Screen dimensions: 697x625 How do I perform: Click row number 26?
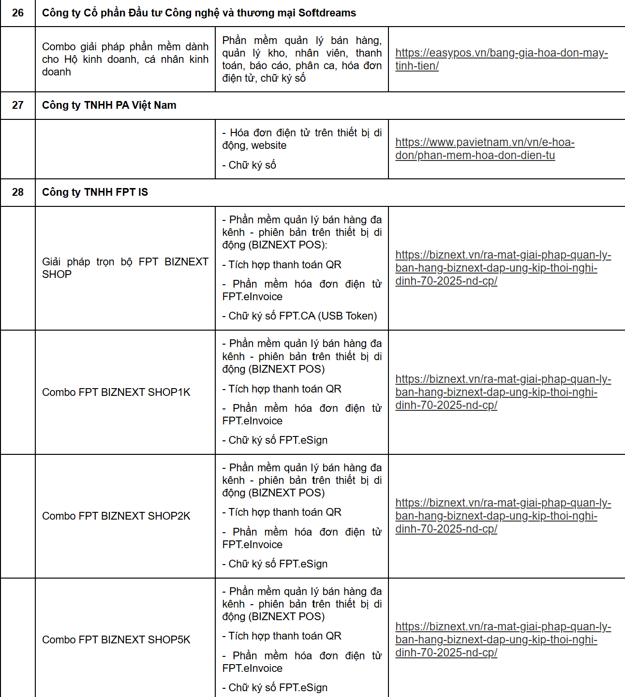[x=18, y=13]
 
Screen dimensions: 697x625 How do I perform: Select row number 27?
[x=18, y=105]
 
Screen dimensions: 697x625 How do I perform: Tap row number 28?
[x=18, y=192]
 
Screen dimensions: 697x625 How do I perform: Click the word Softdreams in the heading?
[x=327, y=13]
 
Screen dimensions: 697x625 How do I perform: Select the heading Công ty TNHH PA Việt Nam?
[x=109, y=105]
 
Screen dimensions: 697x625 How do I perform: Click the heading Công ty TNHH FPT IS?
[x=95, y=192]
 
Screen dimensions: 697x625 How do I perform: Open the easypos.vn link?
[x=501, y=59]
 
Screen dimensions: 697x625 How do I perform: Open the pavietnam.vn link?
[x=485, y=148]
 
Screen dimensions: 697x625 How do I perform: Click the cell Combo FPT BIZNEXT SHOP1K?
[x=116, y=392]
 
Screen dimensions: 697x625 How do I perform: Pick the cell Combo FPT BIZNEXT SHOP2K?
[x=116, y=516]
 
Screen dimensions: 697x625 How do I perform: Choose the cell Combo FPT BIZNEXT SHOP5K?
[x=116, y=640]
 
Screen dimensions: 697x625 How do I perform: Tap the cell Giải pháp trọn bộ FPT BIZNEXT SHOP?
[x=125, y=268]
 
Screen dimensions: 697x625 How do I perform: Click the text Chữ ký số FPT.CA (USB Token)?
[x=300, y=316]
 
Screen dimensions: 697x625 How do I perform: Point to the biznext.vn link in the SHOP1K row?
[x=503, y=392]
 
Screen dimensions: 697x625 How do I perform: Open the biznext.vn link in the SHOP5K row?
[x=503, y=639]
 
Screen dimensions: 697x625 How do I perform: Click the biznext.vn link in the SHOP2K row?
[x=503, y=516]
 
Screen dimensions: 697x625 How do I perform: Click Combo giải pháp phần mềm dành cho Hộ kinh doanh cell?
[x=125, y=59]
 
